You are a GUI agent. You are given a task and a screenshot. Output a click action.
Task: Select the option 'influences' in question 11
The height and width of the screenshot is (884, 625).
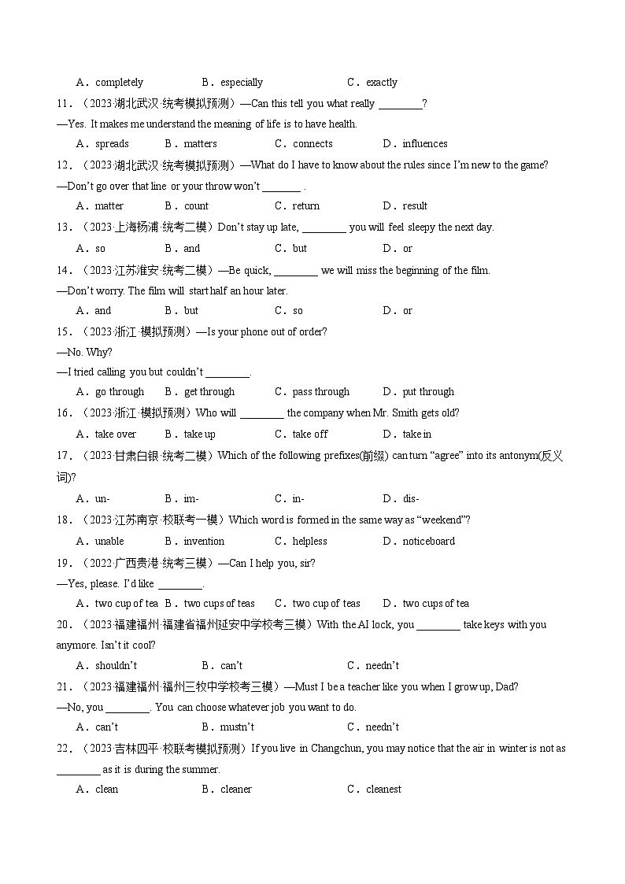[424, 143]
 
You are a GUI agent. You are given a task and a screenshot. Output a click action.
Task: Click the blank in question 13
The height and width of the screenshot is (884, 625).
[324, 227]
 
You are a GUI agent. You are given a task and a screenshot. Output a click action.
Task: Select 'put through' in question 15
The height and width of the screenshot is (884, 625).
[428, 391]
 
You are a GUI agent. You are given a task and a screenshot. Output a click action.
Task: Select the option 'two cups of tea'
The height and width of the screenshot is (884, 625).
[435, 603]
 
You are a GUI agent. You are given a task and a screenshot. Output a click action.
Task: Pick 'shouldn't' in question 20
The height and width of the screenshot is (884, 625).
[115, 665]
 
